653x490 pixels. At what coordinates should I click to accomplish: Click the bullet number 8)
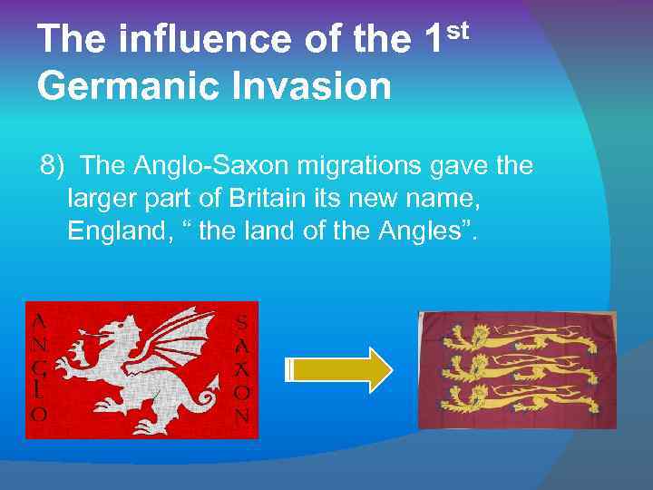pyautogui.click(x=52, y=166)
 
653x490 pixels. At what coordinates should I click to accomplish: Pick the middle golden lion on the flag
pyautogui.click(x=517, y=368)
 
